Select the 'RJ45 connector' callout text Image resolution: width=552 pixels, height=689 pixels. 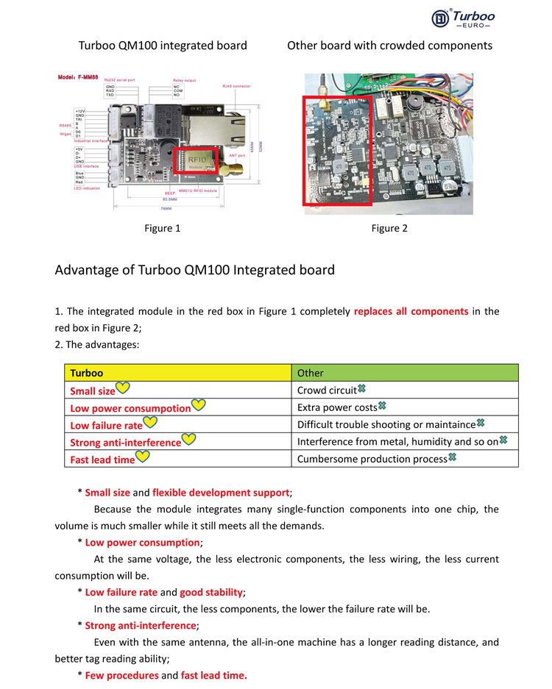click(236, 86)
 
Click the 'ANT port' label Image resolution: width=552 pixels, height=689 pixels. click(238, 155)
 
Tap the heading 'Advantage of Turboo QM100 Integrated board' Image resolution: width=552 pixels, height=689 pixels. click(194, 270)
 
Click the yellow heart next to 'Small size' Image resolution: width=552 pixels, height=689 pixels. click(124, 388)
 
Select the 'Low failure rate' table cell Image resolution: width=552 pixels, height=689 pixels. click(106, 425)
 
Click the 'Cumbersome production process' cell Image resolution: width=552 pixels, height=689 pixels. click(372, 459)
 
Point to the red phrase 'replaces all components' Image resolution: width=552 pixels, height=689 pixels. click(411, 311)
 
